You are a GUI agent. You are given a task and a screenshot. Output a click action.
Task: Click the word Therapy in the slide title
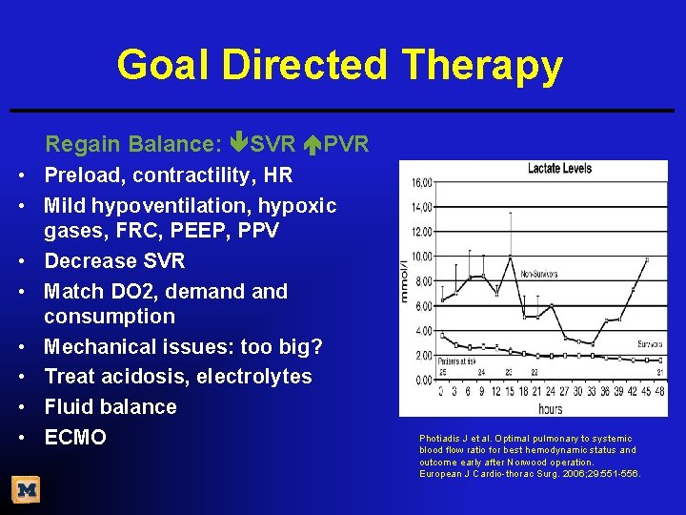pos(482,66)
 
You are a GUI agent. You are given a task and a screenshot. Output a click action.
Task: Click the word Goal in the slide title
pos(164,66)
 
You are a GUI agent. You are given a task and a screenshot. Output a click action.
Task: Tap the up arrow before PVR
pos(314,144)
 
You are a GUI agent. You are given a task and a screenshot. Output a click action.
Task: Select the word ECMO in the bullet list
pos(75,438)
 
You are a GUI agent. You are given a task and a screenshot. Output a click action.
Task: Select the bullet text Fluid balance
pos(111,407)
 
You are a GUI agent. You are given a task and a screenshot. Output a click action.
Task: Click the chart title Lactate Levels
pos(559,169)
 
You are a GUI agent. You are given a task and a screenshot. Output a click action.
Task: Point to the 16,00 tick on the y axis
pos(422,182)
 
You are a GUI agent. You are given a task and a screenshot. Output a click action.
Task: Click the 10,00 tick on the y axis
pos(422,257)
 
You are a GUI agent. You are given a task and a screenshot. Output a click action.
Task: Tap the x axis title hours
pos(550,408)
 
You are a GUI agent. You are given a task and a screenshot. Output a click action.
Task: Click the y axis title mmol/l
pos(406,279)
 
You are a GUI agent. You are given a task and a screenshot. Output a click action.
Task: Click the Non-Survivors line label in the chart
pos(540,273)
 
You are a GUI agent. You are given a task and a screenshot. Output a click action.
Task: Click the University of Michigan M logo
pos(26,490)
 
